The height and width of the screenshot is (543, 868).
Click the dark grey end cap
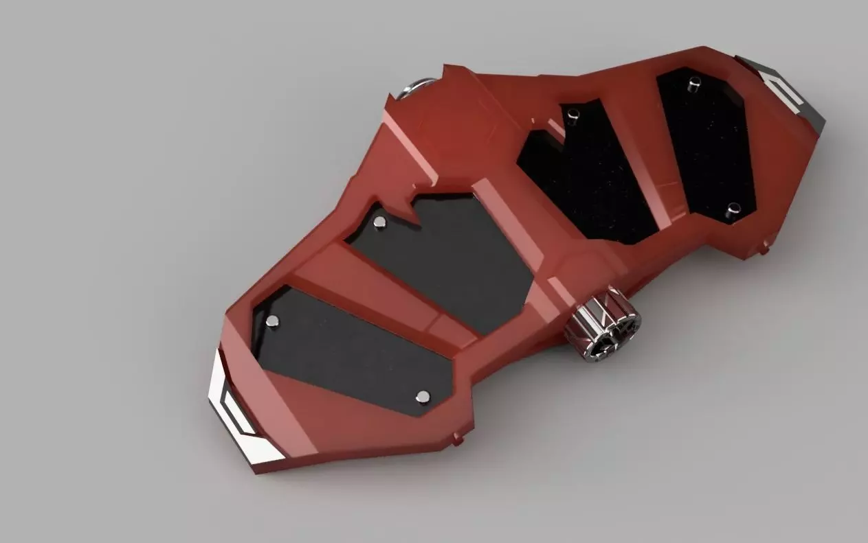coord(790,89)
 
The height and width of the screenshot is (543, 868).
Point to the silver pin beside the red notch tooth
coord(379,222)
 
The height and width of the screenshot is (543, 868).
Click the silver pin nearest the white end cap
coord(273,321)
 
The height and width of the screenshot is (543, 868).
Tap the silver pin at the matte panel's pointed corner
coord(423,396)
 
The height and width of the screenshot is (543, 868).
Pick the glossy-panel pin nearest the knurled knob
coord(733,208)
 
